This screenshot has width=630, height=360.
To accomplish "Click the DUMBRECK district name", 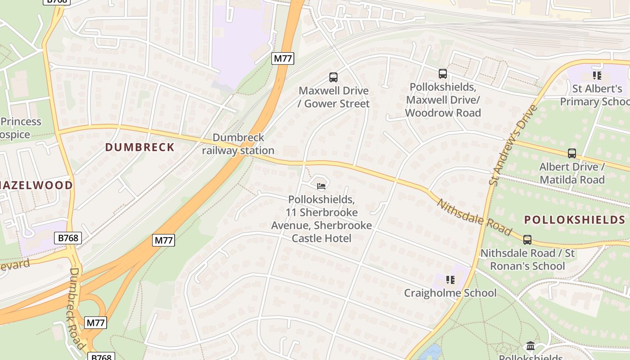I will tap(139, 147).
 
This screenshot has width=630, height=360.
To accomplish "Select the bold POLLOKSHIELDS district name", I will tap(575, 220).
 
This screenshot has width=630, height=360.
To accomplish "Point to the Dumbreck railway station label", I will tap(238, 144).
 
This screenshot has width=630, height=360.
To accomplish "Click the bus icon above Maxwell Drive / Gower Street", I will tap(333, 77).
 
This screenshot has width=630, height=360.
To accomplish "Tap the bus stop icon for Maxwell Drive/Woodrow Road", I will tap(443, 74).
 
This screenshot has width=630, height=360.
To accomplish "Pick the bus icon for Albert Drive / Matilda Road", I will tap(572, 153).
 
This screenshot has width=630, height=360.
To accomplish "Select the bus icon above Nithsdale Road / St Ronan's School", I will tap(527, 240).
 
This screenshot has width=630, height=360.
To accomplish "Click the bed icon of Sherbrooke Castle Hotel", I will tap(321, 186).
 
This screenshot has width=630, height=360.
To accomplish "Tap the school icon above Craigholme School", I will tap(450, 280).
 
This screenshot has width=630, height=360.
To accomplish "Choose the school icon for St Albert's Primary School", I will tap(597, 76).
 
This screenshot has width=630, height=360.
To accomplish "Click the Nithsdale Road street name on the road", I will tap(475, 218).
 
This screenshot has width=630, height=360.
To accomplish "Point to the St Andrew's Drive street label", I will tap(513, 145).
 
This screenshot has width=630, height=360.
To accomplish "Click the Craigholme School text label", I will tap(450, 293).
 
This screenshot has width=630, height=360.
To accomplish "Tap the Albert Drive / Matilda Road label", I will tap(572, 173).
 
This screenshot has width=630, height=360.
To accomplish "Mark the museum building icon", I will tap(531, 346).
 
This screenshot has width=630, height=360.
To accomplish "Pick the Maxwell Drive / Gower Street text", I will tap(334, 97).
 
